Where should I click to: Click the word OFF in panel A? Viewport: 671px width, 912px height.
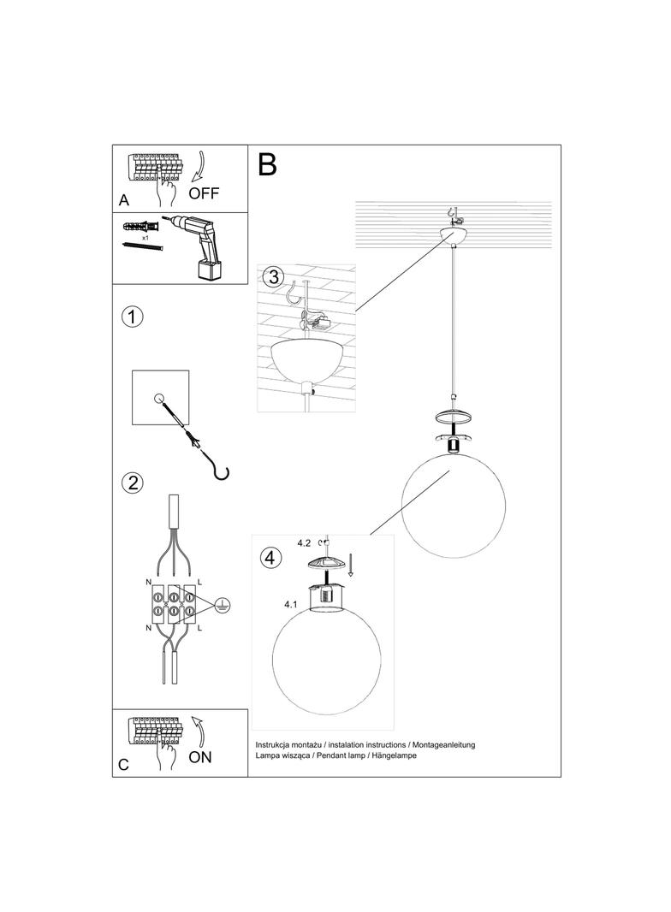click(x=204, y=193)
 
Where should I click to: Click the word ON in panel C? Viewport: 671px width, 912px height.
click(x=199, y=757)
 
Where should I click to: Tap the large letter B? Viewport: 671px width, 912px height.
click(x=267, y=164)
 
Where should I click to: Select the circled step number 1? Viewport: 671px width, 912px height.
click(x=132, y=317)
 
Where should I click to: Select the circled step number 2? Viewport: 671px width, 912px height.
click(x=132, y=483)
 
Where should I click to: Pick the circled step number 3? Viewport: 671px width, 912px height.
click(x=272, y=277)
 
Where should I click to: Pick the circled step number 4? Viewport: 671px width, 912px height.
click(x=270, y=558)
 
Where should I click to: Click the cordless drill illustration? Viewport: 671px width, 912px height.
click(x=200, y=246)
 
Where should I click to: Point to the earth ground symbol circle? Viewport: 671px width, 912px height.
click(x=223, y=602)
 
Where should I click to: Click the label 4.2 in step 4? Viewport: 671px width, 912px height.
click(x=304, y=542)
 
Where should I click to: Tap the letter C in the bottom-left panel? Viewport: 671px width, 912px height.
click(x=123, y=765)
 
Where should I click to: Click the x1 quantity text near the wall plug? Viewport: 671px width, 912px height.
click(x=145, y=237)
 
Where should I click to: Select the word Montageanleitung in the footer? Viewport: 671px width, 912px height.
click(x=438, y=745)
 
